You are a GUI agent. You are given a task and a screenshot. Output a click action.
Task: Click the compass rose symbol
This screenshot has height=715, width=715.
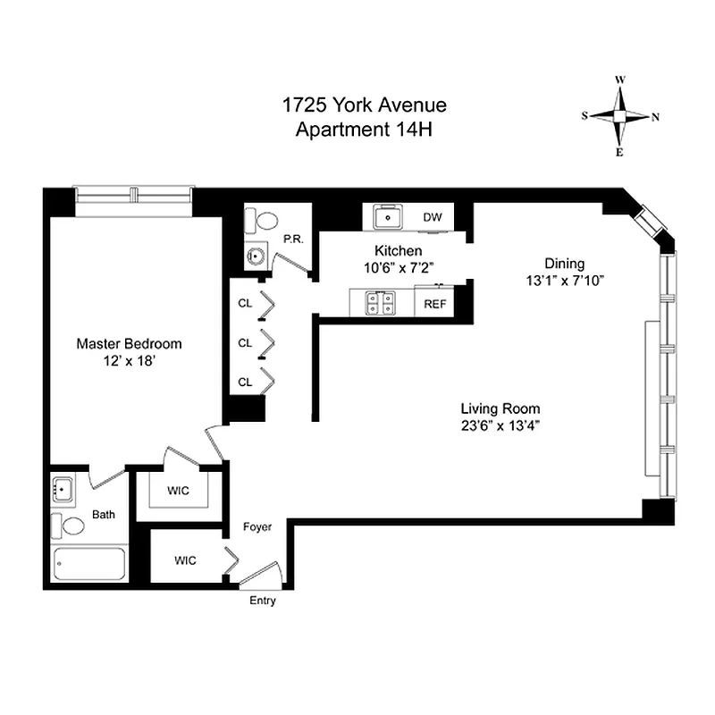pos(620,116)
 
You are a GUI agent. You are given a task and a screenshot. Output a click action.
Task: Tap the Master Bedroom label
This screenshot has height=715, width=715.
pos(129,343)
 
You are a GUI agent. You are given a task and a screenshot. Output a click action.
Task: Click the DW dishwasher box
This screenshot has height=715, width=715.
pos(433,217)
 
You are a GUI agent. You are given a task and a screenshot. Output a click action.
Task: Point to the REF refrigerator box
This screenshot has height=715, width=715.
pos(435,303)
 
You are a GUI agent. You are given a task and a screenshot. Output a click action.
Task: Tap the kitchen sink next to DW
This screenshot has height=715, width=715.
pos(387,216)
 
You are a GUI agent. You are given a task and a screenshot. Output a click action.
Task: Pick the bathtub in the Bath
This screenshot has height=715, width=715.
pos(89,566)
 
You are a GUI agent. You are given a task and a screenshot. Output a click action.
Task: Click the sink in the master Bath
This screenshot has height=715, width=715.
pos(63,490)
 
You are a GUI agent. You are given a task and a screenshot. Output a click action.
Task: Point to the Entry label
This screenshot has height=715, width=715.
pos(262,601)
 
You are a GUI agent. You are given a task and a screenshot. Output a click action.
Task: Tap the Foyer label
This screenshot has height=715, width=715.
pos(257,527)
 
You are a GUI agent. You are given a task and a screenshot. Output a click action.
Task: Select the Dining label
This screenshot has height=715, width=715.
pos(565,264)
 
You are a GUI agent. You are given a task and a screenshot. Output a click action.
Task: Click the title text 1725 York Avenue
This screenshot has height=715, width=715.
pos(364,106)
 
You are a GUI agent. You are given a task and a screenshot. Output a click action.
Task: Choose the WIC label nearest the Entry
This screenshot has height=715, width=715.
pos(185,560)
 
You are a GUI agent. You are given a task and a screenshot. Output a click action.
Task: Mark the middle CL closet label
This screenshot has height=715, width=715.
pos(245,342)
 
